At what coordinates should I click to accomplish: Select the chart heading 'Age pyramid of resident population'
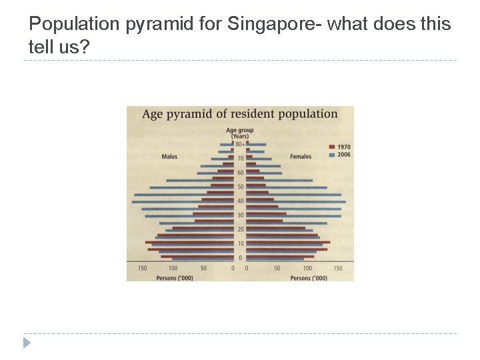tap(239, 113)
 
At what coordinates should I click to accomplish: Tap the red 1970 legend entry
tap(340, 147)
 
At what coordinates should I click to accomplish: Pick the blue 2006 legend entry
tap(340, 155)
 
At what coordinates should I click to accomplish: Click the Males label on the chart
tap(169, 157)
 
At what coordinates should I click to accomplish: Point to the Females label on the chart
tap(301, 157)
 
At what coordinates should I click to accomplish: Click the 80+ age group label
tap(240, 144)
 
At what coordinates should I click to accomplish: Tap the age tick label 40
tap(240, 201)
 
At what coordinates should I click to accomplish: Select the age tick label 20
tap(240, 229)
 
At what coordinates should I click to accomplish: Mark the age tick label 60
tap(240, 173)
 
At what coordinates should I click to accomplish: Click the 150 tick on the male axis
tap(143, 268)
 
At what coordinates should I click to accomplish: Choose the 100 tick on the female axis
tap(307, 268)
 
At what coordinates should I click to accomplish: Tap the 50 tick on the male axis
tap(203, 268)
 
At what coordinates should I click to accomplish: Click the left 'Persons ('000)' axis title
tap(175, 277)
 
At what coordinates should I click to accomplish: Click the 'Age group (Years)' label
tap(240, 133)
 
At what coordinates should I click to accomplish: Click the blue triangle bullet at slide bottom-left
tap(27, 343)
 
